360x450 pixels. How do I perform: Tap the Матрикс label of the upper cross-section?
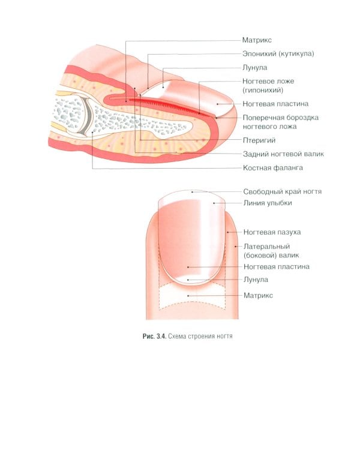257,40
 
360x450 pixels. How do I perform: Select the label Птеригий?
259,140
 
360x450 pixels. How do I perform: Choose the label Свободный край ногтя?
283,191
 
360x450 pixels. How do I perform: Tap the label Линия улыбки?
268,203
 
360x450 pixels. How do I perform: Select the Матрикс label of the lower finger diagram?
259,295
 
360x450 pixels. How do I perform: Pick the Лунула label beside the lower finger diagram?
256,280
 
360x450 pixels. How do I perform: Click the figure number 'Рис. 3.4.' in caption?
147,336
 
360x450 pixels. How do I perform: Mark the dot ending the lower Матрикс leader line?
187,295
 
